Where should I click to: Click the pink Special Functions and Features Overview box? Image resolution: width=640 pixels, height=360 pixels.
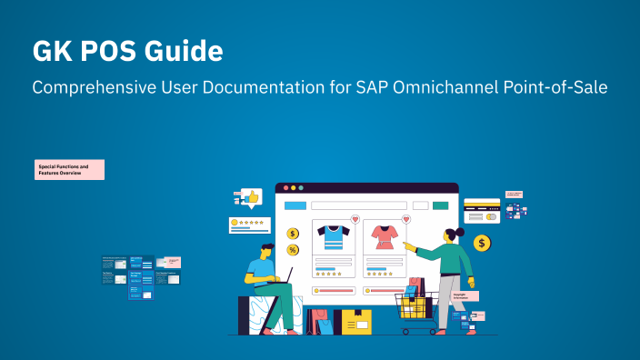70,169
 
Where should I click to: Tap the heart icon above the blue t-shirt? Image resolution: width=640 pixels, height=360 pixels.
355,219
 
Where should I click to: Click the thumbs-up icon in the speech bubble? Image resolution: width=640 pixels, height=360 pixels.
252,195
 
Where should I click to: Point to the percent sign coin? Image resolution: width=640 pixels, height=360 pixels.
293,250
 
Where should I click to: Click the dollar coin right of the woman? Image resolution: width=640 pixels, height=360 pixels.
482,243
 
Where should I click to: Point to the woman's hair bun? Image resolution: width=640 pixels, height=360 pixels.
460,232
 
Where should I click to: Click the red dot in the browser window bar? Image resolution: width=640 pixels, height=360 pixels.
285,187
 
